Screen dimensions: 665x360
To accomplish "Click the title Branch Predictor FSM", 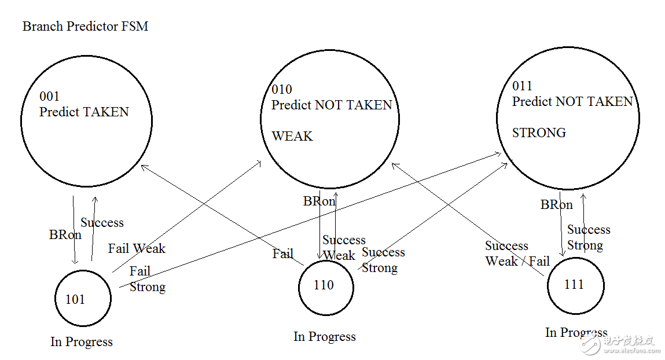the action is [85, 26].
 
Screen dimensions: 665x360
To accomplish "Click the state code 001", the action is [49, 96].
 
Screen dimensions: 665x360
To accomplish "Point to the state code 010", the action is [282, 90].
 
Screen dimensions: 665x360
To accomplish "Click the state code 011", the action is [522, 86].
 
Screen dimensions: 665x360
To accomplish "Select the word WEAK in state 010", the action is [292, 136].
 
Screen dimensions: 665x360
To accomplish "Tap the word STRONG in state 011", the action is [539, 133].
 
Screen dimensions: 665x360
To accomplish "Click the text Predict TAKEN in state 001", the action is [84, 112].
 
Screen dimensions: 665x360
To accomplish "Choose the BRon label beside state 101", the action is [65, 234].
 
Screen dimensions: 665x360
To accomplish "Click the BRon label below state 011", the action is [556, 205].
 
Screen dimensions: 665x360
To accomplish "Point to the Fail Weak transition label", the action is [137, 248].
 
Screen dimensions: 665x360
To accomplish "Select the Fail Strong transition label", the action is [147, 279].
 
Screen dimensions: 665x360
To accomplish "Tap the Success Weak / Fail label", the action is [517, 254].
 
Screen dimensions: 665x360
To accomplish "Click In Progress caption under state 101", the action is [82, 341].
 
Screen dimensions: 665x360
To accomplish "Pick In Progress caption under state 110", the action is [325, 337].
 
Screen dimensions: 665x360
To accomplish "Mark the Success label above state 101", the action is [102, 223].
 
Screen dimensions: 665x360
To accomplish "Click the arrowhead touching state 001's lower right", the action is [144, 167].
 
